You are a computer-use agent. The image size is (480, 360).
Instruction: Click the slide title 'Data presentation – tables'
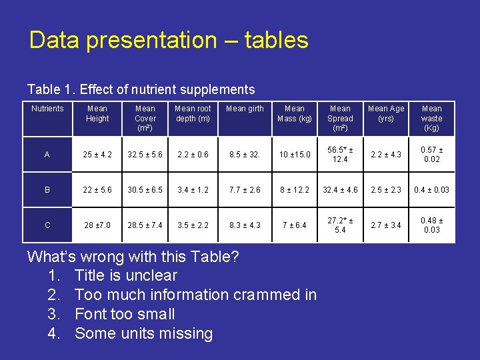tap(169, 41)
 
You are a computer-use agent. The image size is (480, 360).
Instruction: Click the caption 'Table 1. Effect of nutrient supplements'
tap(141, 89)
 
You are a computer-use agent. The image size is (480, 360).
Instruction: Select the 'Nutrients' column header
tap(48, 109)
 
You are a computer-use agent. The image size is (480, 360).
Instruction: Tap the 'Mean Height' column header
tap(97, 113)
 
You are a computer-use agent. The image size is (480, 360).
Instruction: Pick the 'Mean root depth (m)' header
tap(193, 113)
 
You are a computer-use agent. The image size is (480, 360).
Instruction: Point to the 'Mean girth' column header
tap(245, 109)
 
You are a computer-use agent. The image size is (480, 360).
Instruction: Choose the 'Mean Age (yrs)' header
tap(386, 113)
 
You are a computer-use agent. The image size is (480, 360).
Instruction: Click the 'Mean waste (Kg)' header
tap(431, 118)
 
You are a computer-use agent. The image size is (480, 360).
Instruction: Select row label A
tap(47, 155)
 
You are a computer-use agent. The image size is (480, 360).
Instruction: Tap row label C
tap(47, 225)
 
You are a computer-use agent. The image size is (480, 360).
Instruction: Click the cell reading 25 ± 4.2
tap(97, 155)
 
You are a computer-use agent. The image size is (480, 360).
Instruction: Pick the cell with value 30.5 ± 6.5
tap(145, 190)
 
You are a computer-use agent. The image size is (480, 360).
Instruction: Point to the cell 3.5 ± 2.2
tap(193, 225)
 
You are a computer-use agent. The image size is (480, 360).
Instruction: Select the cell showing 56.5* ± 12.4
tap(340, 155)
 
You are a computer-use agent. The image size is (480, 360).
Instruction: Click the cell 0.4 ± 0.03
tap(431, 190)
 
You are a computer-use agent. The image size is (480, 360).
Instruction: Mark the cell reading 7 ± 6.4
tap(294, 225)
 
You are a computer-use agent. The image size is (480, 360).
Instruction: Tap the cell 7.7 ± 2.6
tap(245, 190)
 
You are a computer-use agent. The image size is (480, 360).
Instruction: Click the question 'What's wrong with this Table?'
tap(133, 257)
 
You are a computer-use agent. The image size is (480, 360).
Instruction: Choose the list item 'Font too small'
tap(125, 314)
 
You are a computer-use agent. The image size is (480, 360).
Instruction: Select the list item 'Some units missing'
tap(143, 333)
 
